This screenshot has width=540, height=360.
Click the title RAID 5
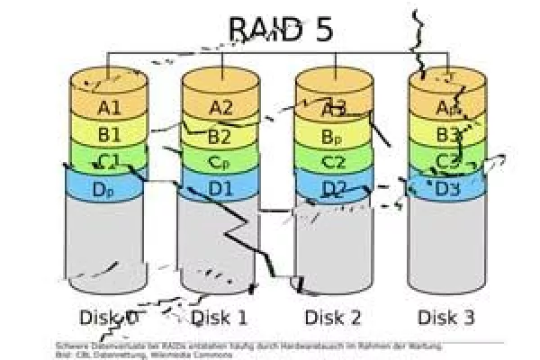coord(281,30)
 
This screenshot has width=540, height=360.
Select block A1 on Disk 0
coord(109,108)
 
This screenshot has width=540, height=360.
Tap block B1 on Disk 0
coord(109,136)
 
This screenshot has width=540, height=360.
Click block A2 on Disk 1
coord(220,108)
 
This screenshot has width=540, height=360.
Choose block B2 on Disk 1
coord(220,137)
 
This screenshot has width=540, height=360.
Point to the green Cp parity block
coord(220,163)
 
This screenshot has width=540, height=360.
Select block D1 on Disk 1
coord(220,190)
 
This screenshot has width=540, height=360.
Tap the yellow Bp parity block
coord(334,137)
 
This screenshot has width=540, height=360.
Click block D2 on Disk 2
coord(334,189)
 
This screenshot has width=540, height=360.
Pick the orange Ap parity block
coord(447,108)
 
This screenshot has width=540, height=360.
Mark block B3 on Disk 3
coord(447,136)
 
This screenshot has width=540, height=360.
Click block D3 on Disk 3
coord(447,189)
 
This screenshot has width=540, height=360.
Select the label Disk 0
coord(108,317)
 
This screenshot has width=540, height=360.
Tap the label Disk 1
coord(220,317)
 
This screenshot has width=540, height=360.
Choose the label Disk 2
coord(333,317)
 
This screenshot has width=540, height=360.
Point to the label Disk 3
coord(446,317)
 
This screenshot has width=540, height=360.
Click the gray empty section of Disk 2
coord(334,247)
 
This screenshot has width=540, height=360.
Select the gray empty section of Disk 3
coord(447,247)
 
